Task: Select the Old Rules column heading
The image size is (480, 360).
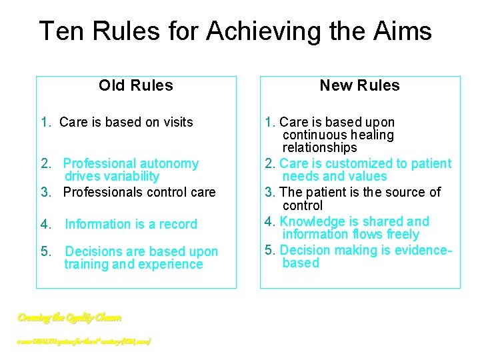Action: (x=135, y=85)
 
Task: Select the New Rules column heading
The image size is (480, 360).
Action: (x=359, y=85)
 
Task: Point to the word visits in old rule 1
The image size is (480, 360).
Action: (x=174, y=122)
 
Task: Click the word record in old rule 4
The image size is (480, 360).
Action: (x=176, y=225)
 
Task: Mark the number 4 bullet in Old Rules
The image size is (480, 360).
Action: (x=44, y=225)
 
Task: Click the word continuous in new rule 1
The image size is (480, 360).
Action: (x=311, y=135)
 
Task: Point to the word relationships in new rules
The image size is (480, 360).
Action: (x=319, y=147)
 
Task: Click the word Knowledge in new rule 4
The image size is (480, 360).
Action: (x=307, y=221)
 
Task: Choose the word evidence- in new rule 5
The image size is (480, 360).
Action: (x=424, y=249)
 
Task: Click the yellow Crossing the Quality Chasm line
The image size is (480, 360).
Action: (x=69, y=318)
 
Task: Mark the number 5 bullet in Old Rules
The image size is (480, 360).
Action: (x=44, y=252)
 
